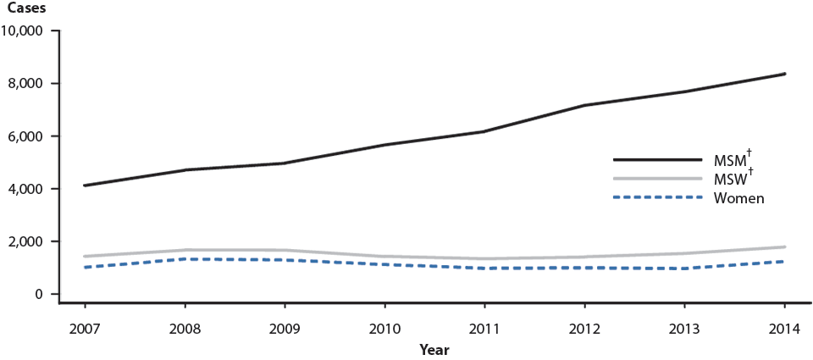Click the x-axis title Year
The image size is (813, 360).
click(434, 349)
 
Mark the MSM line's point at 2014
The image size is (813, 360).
click(784, 74)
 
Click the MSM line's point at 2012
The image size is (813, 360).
click(584, 105)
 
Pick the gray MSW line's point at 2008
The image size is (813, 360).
click(185, 250)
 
